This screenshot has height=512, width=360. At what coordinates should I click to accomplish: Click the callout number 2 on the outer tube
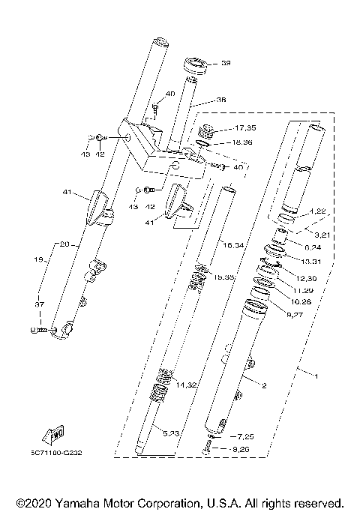pyautogui.click(x=264, y=385)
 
